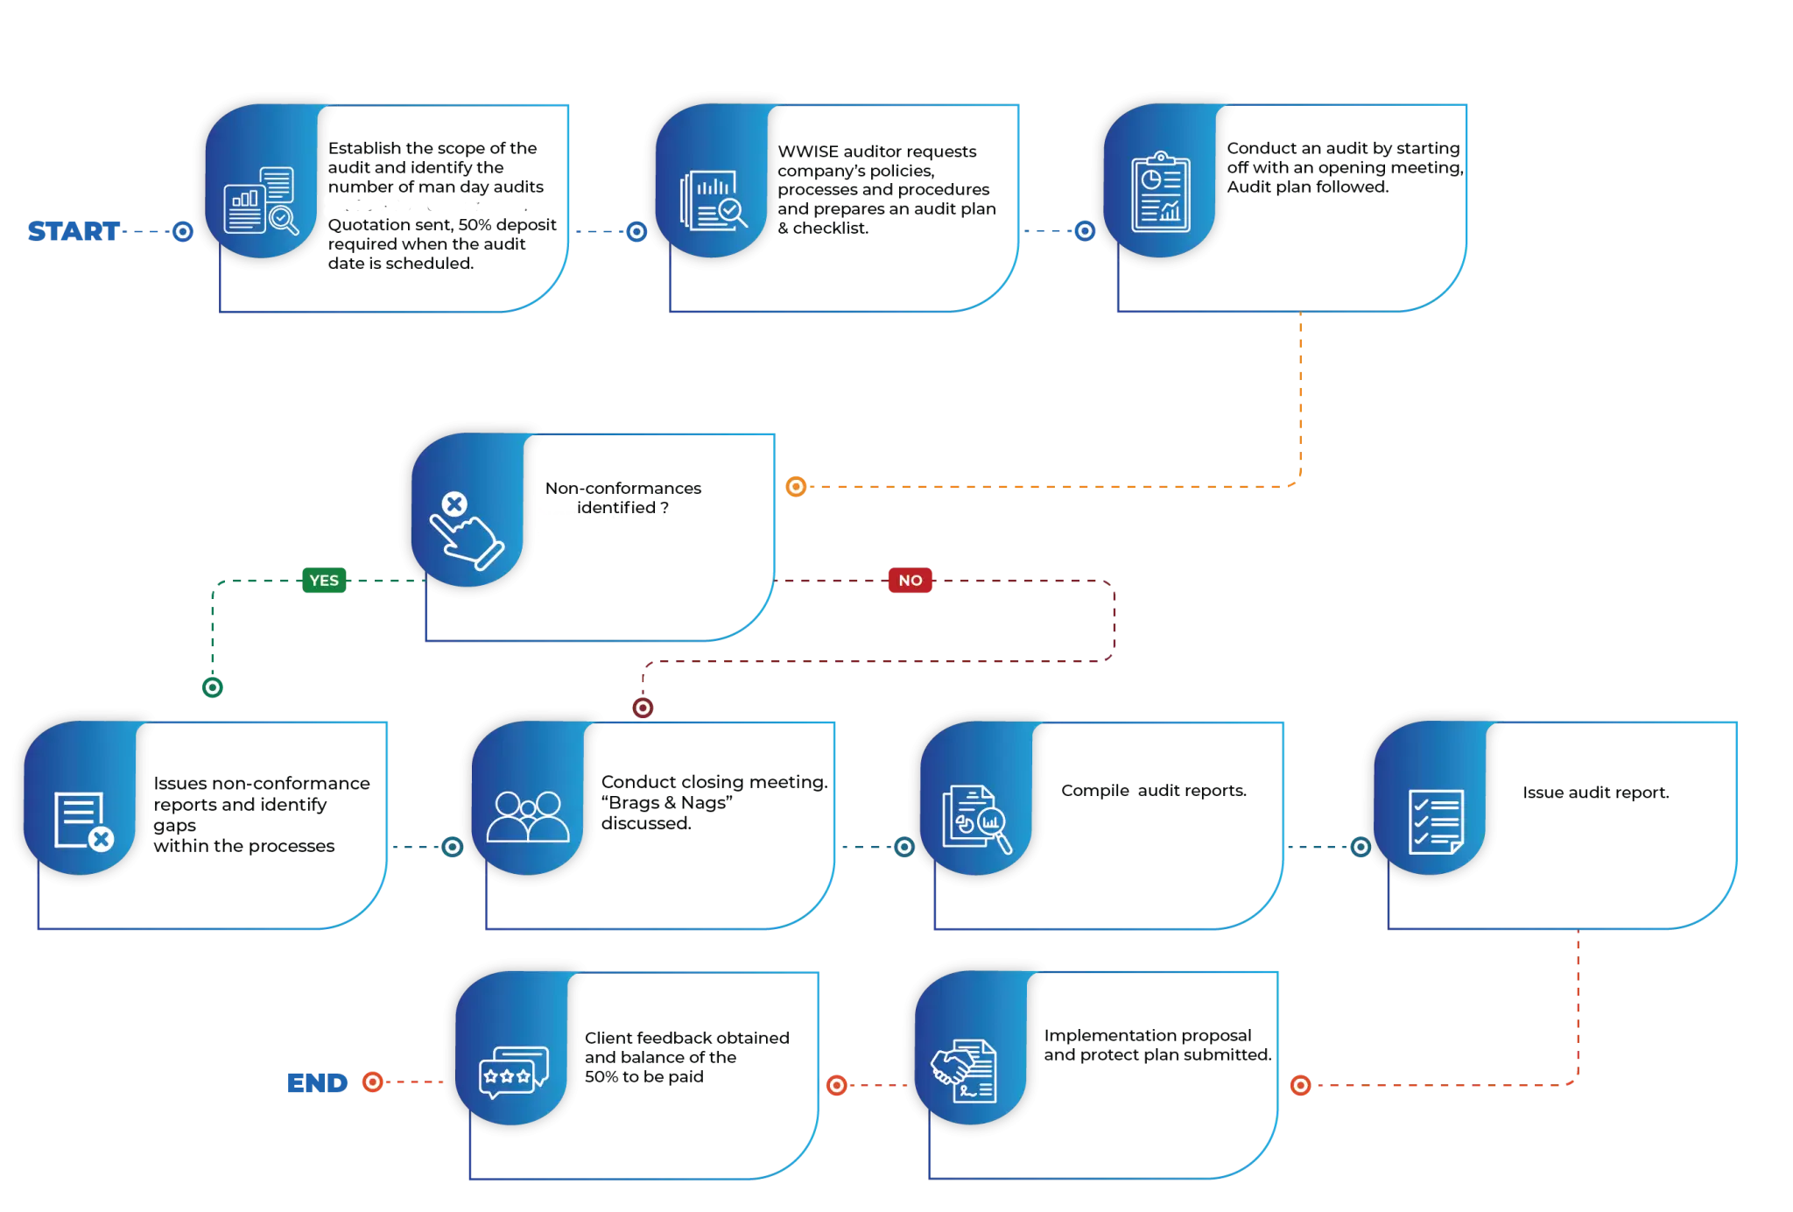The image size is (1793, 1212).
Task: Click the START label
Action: [72, 231]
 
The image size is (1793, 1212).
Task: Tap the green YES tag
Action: [324, 581]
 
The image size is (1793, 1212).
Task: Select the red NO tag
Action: [911, 581]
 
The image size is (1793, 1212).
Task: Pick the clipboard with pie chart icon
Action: [1161, 192]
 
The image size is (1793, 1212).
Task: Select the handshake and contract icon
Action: [963, 1070]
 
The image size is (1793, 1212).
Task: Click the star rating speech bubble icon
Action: [514, 1072]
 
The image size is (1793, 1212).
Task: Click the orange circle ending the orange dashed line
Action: [796, 486]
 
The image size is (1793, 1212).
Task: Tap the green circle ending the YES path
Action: [213, 687]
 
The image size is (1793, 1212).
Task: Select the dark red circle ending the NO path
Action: [643, 707]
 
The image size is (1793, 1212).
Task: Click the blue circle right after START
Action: [183, 231]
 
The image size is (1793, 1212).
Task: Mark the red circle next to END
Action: [373, 1082]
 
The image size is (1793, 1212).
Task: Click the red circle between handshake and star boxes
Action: [837, 1086]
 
